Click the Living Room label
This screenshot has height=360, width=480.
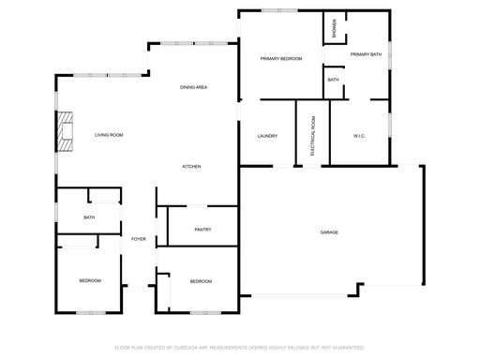tap(109, 135)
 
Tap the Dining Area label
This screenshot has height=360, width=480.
tap(193, 87)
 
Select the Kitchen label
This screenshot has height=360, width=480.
tap(191, 167)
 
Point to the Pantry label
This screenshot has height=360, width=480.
tap(202, 230)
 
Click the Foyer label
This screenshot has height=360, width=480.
tap(139, 239)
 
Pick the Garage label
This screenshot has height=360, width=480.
tap(329, 232)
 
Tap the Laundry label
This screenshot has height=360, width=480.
tap(267, 136)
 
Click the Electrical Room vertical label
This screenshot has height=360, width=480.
tap(313, 136)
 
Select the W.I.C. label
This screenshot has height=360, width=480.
tap(359, 136)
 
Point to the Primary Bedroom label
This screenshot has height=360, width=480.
tap(281, 58)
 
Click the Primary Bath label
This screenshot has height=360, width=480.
tap(366, 54)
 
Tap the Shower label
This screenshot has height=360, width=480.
tap(335, 28)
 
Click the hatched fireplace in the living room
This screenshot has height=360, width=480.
tap(65, 131)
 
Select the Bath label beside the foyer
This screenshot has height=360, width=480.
tap(89, 217)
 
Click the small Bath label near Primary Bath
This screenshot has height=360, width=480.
tap(333, 80)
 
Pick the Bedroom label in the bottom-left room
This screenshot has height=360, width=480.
tap(90, 280)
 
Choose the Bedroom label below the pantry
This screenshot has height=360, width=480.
tap(201, 281)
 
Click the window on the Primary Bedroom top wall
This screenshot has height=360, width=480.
tap(279, 10)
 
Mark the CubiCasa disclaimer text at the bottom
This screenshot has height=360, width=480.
tap(240, 348)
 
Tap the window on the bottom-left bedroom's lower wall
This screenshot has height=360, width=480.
tap(91, 312)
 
